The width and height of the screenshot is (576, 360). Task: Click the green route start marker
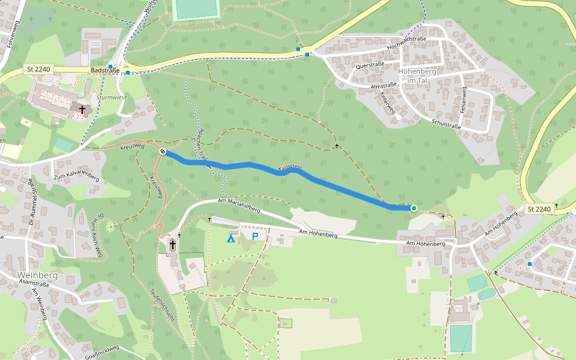point(414,208)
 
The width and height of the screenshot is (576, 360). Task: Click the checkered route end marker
point(163,151)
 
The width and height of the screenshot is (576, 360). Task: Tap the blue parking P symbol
point(255,236)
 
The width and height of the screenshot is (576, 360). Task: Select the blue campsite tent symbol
point(230,239)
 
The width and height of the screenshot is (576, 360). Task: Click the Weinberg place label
point(37,275)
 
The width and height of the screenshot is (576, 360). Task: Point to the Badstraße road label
point(106,70)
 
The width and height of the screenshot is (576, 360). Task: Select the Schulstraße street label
point(446,124)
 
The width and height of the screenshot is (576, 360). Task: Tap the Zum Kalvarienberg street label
point(76,175)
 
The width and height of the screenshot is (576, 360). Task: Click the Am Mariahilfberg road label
point(239,206)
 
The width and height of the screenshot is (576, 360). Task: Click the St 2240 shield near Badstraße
point(38,70)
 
